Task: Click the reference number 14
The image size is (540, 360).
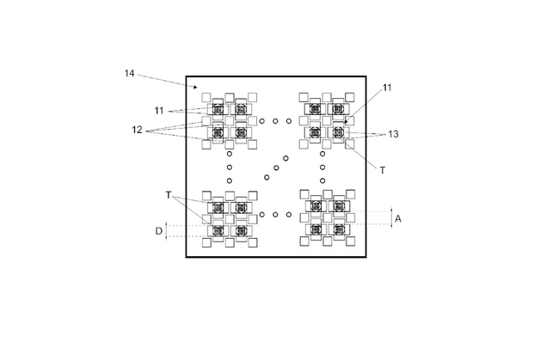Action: [130, 73]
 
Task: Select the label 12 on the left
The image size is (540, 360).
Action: [137, 130]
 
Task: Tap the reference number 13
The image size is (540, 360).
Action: [393, 134]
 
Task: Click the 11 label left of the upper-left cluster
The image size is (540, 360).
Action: [159, 111]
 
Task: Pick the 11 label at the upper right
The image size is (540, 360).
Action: [388, 88]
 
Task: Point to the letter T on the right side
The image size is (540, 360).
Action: [383, 170]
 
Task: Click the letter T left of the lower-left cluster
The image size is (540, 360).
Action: [169, 195]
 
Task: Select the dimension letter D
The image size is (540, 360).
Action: [159, 231]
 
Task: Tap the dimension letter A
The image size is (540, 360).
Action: [398, 218]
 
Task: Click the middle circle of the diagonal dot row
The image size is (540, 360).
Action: [276, 168]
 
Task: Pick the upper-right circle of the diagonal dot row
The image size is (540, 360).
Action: [285, 158]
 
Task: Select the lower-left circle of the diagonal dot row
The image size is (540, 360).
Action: [267, 177]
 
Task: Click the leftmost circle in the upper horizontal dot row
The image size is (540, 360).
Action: [262, 121]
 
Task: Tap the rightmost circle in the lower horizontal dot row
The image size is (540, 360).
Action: [289, 215]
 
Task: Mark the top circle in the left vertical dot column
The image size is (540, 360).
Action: [230, 154]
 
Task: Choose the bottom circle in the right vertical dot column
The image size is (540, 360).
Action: [322, 180]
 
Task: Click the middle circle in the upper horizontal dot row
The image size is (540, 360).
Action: [275, 121]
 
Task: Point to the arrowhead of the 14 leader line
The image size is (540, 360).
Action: [195, 87]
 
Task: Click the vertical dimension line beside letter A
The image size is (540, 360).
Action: [391, 218]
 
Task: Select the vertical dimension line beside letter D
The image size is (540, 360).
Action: [166, 231]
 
